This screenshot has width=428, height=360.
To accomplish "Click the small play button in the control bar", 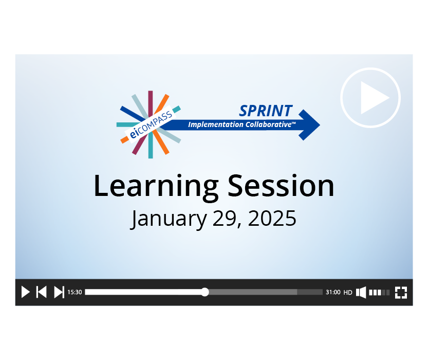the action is tap(25, 292).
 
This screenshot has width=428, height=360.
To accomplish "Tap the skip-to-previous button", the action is tap(42, 292).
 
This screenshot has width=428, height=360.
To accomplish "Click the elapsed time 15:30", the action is tap(75, 292).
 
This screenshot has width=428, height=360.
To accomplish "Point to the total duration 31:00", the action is tap(333, 292).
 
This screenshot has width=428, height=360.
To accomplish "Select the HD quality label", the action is tap(348, 293).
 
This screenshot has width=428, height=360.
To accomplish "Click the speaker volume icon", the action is tap(361, 292).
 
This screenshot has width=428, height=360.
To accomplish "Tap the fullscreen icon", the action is tap(401, 293).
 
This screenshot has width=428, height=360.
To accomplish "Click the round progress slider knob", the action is tap(204, 292).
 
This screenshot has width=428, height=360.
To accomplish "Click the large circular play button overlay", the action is tap(370, 98).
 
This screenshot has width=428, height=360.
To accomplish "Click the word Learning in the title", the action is tap(156, 186).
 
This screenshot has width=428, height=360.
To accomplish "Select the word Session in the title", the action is tap(281, 186).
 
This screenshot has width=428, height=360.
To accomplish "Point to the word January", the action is tap(168, 219).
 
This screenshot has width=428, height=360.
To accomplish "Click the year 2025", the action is tap(272, 218).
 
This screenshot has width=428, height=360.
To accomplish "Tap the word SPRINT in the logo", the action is tap(266, 111).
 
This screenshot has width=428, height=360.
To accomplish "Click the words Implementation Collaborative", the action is tap(241, 124).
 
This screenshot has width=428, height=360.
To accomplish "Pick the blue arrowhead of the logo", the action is tap(309, 125).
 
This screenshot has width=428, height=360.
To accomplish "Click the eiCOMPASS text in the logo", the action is tap(151, 124).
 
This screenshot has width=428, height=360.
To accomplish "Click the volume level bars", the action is tap(379, 293).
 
